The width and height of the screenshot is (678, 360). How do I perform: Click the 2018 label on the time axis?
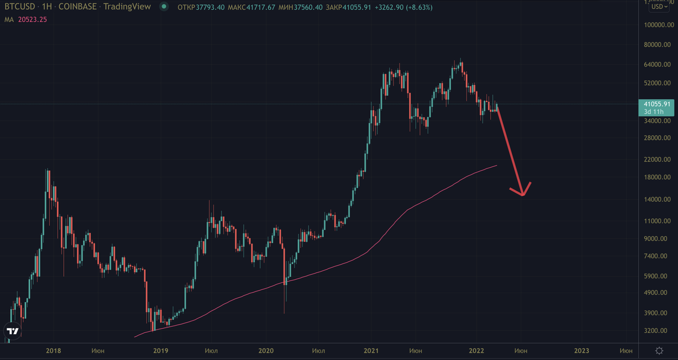point(53,351)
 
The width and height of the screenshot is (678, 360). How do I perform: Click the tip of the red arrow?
point(523,196)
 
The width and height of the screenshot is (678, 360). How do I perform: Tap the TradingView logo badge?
point(12,331)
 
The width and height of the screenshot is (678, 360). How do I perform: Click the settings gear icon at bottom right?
point(659,351)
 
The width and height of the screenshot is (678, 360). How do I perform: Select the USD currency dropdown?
point(657,7)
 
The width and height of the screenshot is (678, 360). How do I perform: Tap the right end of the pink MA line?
point(497,166)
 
